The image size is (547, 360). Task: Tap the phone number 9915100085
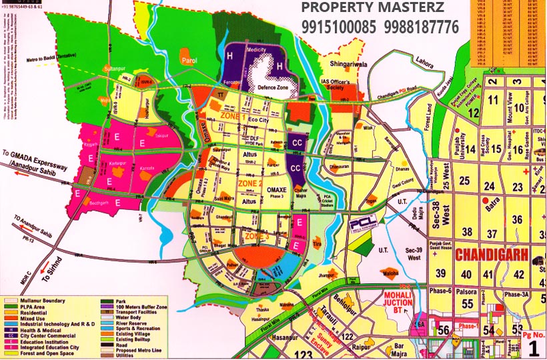[339, 28]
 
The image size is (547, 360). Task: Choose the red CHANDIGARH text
[492, 255]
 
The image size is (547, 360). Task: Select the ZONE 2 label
[231, 181]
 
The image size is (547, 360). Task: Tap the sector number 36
[516, 219]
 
